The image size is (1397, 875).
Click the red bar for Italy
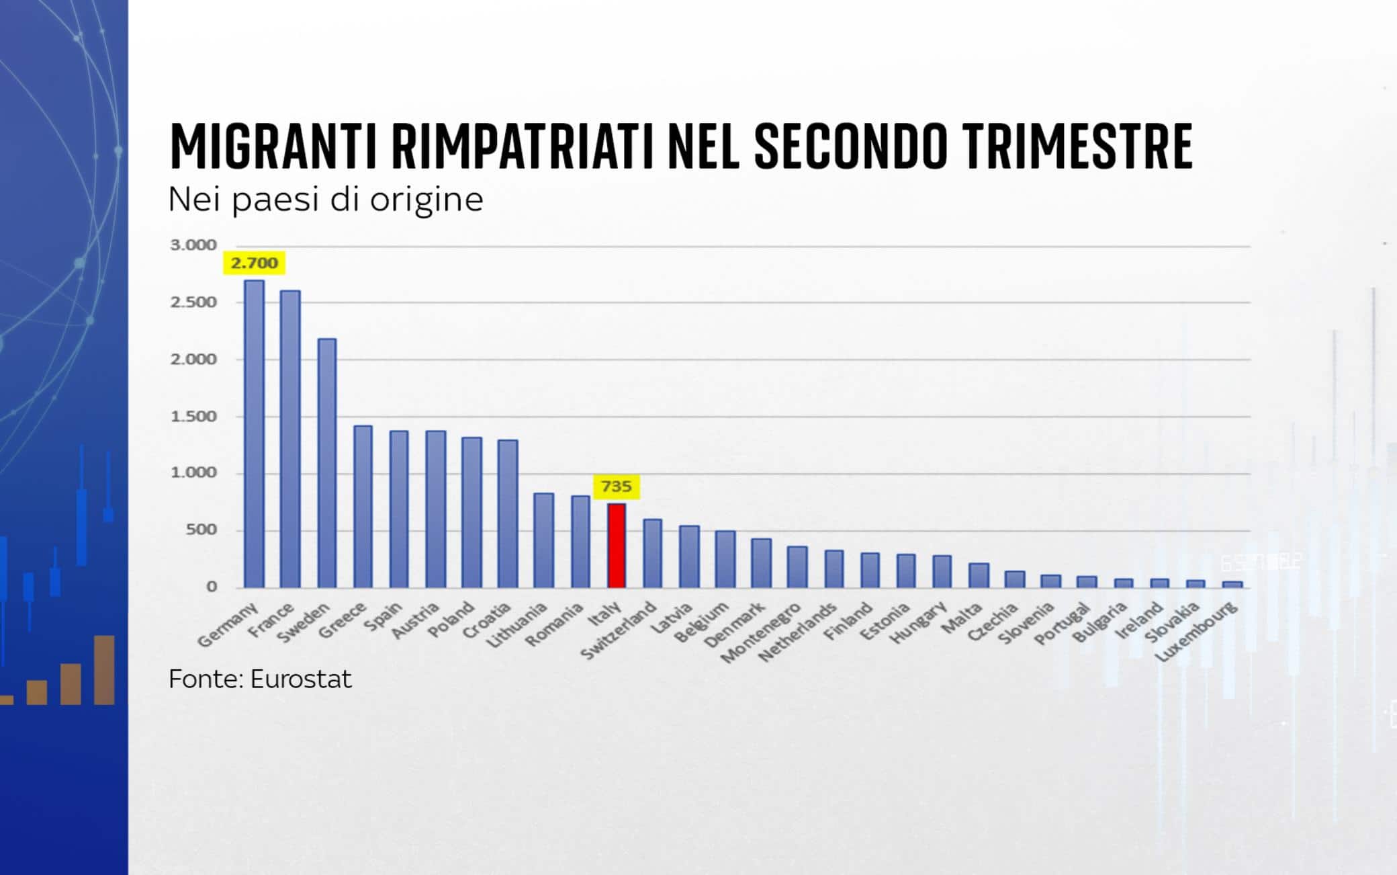click(617, 546)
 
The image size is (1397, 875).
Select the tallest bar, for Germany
click(254, 434)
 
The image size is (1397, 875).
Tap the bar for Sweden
click(326, 463)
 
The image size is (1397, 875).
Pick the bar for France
click(290, 440)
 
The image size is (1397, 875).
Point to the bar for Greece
click(363, 507)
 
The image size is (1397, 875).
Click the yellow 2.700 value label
click(254, 263)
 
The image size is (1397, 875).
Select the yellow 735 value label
click(616, 486)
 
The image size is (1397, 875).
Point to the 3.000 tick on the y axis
click(193, 245)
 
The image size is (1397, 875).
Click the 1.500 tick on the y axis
click(193, 417)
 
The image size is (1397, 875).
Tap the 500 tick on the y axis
click(201, 530)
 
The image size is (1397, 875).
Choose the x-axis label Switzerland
click(618, 630)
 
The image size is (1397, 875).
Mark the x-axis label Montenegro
click(761, 632)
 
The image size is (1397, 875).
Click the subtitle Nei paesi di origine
click(326, 200)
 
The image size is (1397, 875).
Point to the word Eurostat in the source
click(301, 679)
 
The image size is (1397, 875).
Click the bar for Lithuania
click(543, 540)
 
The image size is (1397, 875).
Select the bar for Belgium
click(725, 559)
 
